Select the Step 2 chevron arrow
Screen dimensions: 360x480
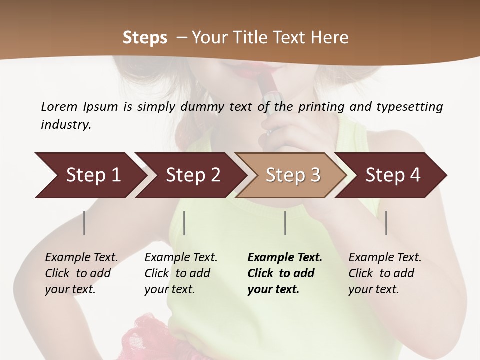coord(190,175)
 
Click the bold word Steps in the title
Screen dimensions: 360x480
coord(145,37)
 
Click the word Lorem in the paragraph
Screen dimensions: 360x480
coord(59,106)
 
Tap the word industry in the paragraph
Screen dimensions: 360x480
coord(66,124)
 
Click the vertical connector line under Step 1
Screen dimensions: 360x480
coord(84,223)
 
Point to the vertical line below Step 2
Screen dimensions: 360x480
coord(184,223)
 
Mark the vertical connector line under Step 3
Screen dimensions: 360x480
coord(285,223)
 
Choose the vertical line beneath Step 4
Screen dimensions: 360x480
coord(386,223)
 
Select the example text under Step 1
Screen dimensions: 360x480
coord(81,273)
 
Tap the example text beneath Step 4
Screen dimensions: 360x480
coord(384,273)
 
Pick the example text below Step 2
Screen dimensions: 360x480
coord(180,273)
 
